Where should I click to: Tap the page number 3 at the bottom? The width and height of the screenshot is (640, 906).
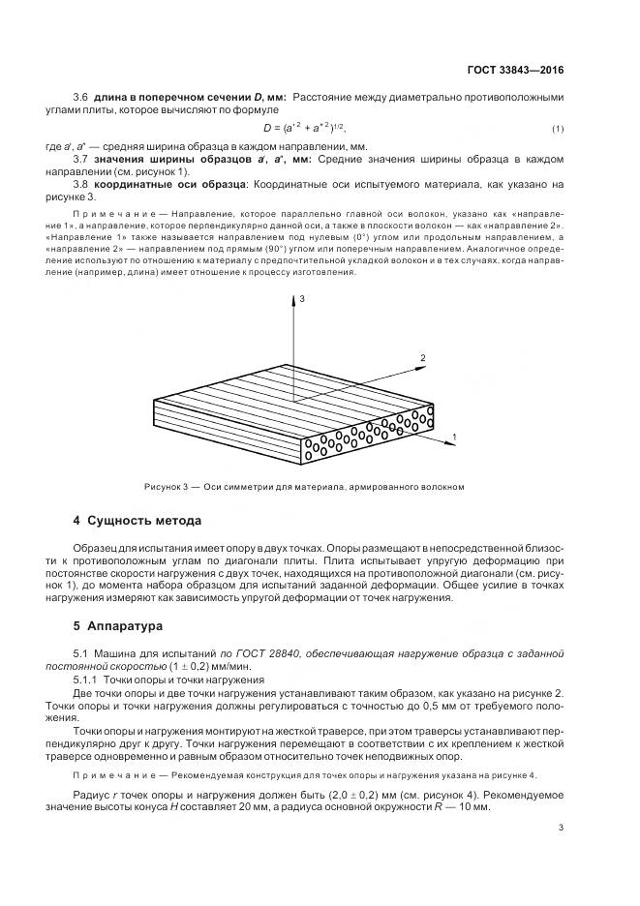coord(562,828)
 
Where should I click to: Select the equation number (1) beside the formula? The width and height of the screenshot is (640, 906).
coord(558,129)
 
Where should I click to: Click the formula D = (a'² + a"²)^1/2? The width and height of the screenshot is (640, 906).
coord(304,128)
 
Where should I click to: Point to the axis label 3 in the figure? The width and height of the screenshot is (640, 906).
coord(302,301)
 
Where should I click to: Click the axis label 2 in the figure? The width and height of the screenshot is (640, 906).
coord(422,358)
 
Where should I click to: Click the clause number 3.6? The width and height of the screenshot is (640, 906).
coord(81,98)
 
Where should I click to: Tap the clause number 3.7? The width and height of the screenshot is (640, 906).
coord(81,158)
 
